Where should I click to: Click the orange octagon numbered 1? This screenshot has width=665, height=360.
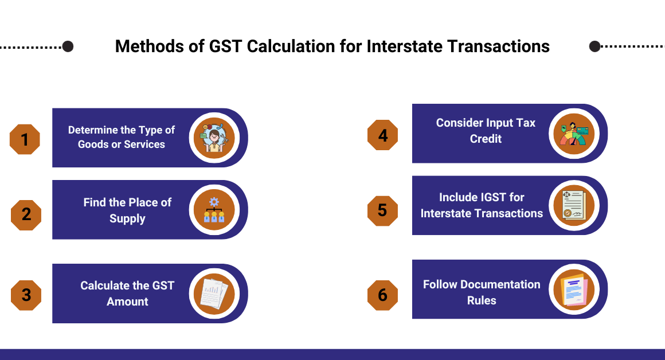tap(25, 139)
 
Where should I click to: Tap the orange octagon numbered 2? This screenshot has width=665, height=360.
tap(26, 214)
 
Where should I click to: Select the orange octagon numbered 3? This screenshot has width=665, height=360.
tap(26, 295)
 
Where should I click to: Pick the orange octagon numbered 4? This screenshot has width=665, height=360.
tap(382, 135)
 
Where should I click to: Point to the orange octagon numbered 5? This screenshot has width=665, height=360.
tap(382, 210)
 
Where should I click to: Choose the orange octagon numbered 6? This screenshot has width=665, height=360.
tap(382, 295)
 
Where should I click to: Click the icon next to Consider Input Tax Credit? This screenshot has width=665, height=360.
tap(574, 134)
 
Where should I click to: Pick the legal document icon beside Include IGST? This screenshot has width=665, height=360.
tap(574, 205)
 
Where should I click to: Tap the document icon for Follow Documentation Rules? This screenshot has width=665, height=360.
tap(574, 289)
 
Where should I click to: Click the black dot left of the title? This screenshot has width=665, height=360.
tap(68, 46)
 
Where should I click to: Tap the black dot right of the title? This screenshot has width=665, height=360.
tap(594, 46)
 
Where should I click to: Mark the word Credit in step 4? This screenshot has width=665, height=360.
tap(486, 139)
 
